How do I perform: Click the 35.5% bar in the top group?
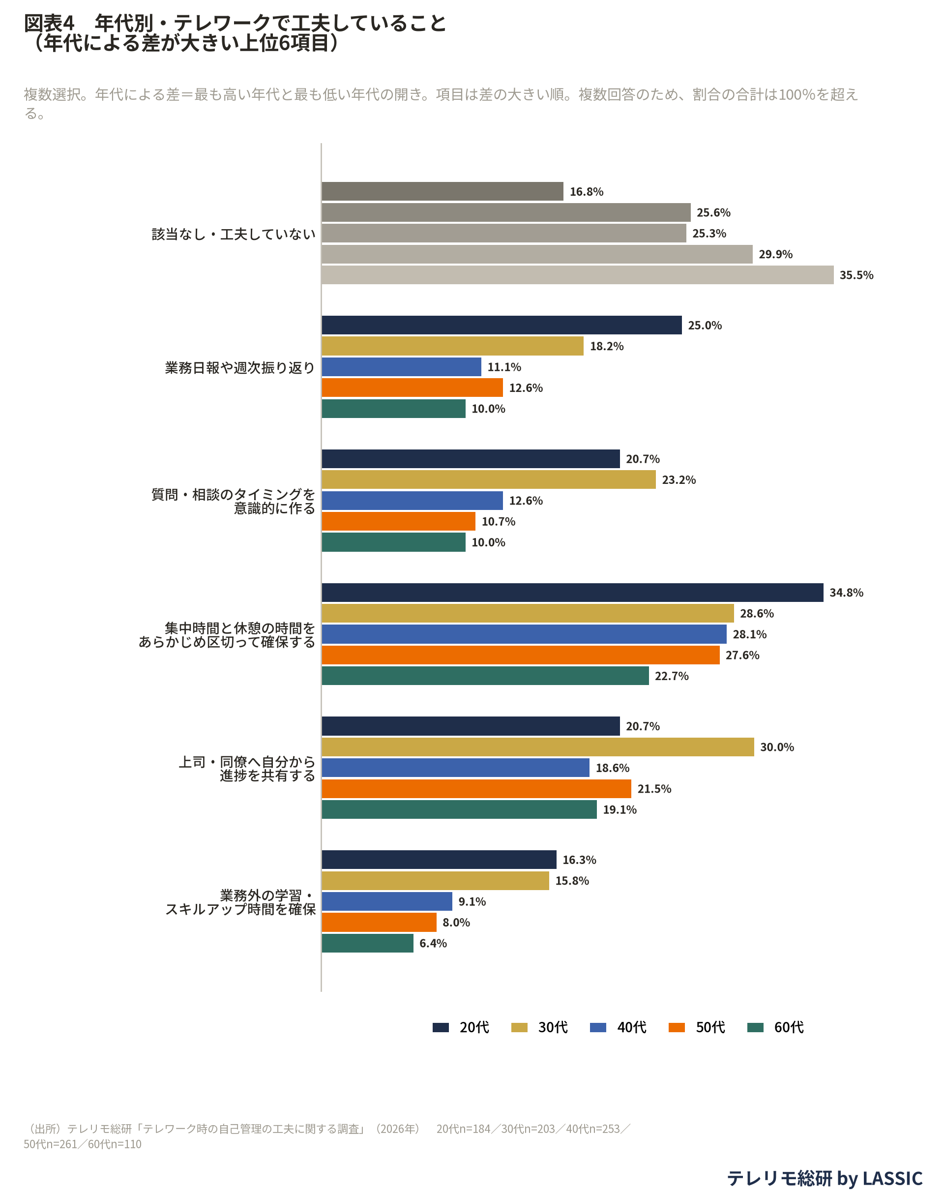pyautogui.click(x=578, y=275)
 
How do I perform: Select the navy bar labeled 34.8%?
pyautogui.click(x=573, y=593)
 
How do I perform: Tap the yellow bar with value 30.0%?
pyautogui.click(x=538, y=747)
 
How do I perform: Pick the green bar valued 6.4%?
pyautogui.click(x=368, y=943)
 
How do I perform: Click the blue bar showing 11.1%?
pyautogui.click(x=402, y=367)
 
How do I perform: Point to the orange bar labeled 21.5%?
pyautogui.click(x=476, y=789)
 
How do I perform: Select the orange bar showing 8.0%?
pyautogui.click(x=379, y=922)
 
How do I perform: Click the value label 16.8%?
pyautogui.click(x=587, y=192)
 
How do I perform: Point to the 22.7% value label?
pyautogui.click(x=672, y=676)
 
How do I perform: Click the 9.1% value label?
pyautogui.click(x=472, y=901)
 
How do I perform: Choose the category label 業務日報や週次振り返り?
pyautogui.click(x=240, y=368)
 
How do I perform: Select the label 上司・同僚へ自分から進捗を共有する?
pyautogui.click(x=246, y=768)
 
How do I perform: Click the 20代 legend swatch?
pyautogui.click(x=441, y=1027)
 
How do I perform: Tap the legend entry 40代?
pyautogui.click(x=619, y=1027)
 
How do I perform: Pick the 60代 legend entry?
pyautogui.click(x=775, y=1027)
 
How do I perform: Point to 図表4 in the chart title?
pyautogui.click(x=49, y=23)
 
